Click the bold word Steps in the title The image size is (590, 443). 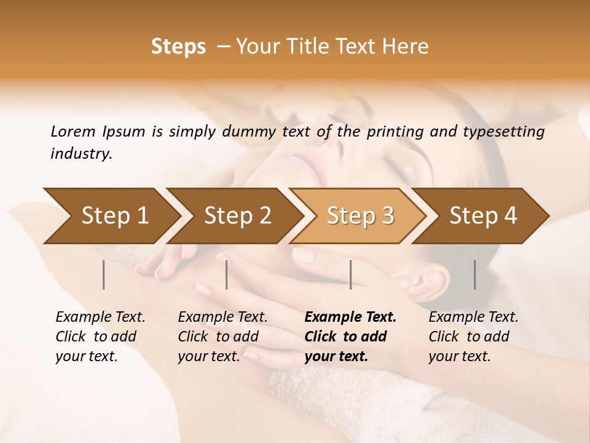click(178, 47)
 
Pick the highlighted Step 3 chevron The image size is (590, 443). click(360, 215)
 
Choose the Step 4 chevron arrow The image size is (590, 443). click(483, 215)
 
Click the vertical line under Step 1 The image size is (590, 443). click(104, 274)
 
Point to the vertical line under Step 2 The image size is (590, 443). click(227, 274)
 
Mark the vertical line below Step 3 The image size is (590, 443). click(350, 274)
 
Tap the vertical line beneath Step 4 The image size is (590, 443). click(474, 274)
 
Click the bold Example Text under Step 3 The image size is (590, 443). click(350, 317)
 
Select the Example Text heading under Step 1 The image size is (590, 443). click(100, 317)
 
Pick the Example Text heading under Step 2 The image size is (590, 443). click(222, 317)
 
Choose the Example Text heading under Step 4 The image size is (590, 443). click(473, 317)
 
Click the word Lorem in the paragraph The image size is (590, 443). click(73, 132)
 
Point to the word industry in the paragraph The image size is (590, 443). click(81, 154)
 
